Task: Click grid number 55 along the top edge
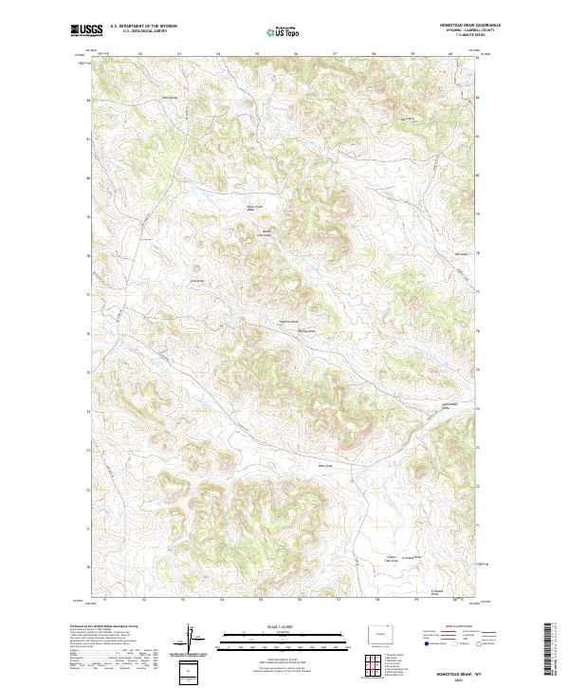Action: [258, 54]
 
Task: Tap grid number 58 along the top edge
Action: [374, 54]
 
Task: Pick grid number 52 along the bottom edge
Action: [143, 600]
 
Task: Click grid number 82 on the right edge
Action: [476, 97]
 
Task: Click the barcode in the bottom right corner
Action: [549, 649]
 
